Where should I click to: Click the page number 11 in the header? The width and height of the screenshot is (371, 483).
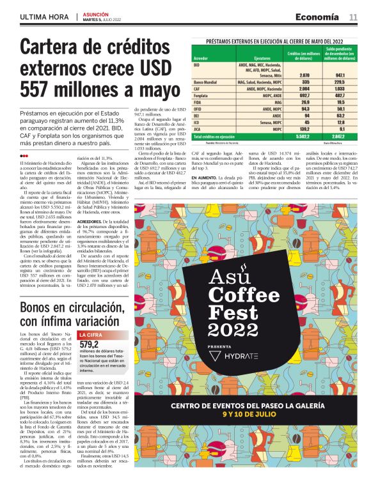[x=352, y=17]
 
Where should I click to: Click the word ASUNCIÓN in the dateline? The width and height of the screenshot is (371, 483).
[x=96, y=13]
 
